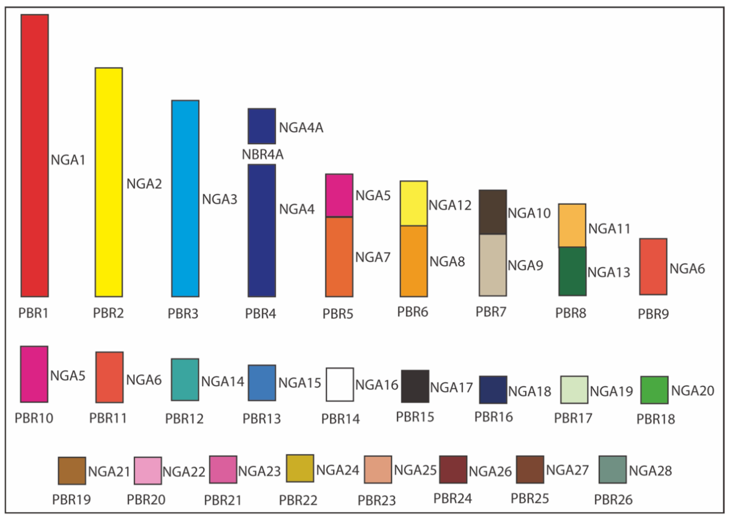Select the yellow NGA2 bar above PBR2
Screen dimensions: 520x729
[x=109, y=182]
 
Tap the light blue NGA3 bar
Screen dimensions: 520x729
[x=185, y=199]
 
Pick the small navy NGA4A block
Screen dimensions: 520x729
[x=262, y=126]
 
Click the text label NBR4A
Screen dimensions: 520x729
[x=262, y=155]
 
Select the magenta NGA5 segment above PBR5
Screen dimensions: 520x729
[x=339, y=195]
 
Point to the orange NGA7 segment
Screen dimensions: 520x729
[x=339, y=257]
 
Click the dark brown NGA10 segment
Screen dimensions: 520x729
[x=492, y=212]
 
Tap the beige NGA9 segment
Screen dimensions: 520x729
[x=492, y=265]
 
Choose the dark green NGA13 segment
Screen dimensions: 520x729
[x=572, y=271]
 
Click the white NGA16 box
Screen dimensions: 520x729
[x=340, y=384]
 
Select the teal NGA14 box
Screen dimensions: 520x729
[x=185, y=379]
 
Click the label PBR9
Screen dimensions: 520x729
[x=653, y=314]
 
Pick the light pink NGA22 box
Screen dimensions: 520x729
[x=148, y=471]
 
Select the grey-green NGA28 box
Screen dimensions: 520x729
[x=612, y=469]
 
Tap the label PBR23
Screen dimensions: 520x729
[x=377, y=500]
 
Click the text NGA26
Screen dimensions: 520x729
[x=490, y=471]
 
